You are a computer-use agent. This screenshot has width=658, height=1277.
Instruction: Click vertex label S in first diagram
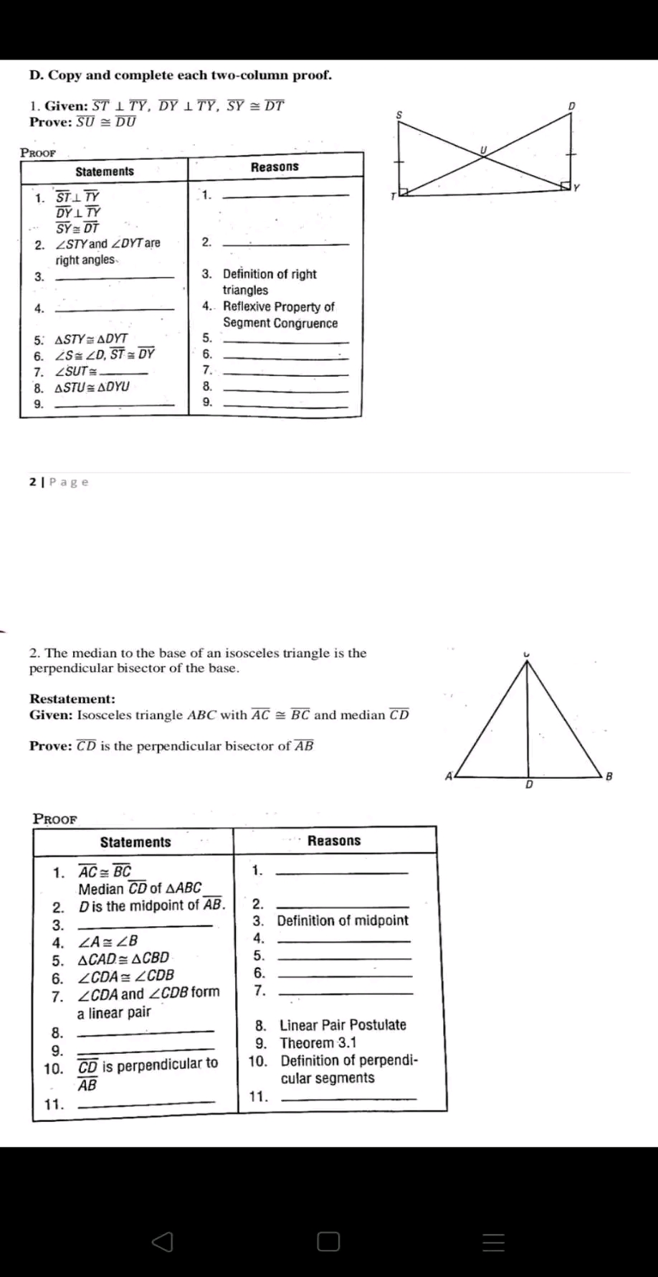(399, 115)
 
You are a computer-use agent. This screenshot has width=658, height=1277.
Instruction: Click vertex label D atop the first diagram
(571, 105)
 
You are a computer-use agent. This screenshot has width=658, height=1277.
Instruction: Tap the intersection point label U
(483, 149)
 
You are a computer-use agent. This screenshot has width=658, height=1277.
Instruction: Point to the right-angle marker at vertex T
(403, 191)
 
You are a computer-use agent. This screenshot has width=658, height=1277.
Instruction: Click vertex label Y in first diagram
(576, 188)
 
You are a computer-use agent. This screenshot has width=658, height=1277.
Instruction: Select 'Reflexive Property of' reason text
(278, 307)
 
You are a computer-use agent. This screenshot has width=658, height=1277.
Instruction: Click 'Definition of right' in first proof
(269, 274)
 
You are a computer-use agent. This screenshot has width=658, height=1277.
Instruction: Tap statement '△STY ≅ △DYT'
(91, 339)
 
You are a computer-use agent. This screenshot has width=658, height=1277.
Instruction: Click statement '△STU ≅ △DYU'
(92, 387)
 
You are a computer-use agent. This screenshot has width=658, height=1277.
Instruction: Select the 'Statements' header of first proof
(105, 171)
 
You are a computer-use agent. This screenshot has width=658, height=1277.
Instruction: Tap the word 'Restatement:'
(72, 699)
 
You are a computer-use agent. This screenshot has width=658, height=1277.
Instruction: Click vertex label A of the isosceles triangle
(449, 776)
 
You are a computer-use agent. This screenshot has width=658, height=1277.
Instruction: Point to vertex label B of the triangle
(609, 776)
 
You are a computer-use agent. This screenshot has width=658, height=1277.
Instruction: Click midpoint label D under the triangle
(529, 785)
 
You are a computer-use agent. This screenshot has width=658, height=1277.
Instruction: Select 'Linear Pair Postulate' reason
(343, 1025)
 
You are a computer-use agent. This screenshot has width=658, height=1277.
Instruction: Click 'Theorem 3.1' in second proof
(318, 1043)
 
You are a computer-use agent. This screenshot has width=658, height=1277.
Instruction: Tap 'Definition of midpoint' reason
(342, 920)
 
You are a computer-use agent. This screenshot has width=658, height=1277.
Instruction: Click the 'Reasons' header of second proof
(334, 841)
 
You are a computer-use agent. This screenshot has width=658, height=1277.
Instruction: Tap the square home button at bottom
(328, 1242)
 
